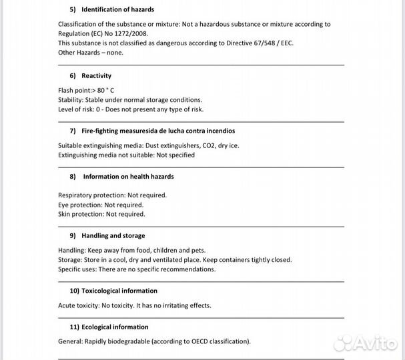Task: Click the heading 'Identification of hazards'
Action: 117,9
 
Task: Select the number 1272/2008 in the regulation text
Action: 131,33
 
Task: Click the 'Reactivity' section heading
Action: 96,76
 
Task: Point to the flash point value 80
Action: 101,90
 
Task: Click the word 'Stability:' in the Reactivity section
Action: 71,100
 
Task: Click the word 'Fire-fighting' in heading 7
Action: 100,131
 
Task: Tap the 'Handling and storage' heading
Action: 113,235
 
